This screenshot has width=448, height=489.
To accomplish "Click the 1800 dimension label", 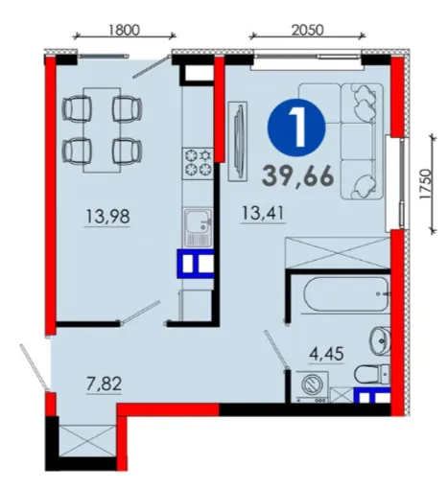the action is [x=124, y=30].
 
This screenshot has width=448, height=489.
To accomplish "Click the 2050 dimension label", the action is [x=307, y=30].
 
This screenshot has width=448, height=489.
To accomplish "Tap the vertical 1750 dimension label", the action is [x=425, y=184].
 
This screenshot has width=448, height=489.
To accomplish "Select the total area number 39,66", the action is [x=298, y=176].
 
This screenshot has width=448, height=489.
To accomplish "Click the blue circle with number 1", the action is [x=296, y=128].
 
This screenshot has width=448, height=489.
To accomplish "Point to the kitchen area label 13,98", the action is [x=107, y=216].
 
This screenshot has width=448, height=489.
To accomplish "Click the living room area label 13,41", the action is [x=263, y=213].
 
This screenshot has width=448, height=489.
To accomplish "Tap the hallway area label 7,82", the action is [x=105, y=384].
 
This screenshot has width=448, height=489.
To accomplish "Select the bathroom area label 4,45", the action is [x=326, y=354].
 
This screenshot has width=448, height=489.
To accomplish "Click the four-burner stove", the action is [x=198, y=163].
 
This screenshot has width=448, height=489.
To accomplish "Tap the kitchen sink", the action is [x=198, y=227].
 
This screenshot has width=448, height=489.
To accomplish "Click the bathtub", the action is [x=347, y=293].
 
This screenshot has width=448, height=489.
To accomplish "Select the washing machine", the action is [x=312, y=386].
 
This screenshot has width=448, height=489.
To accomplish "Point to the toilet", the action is [x=372, y=374].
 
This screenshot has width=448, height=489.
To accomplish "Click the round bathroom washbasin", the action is [x=381, y=340].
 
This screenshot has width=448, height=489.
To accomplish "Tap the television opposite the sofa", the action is [x=238, y=142].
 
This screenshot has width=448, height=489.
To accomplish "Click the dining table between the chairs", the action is [x=102, y=130].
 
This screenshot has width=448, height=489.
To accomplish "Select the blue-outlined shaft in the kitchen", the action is [x=196, y=264].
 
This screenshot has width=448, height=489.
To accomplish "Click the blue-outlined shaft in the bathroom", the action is [x=372, y=395].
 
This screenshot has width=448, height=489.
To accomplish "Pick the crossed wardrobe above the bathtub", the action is [x=338, y=252].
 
